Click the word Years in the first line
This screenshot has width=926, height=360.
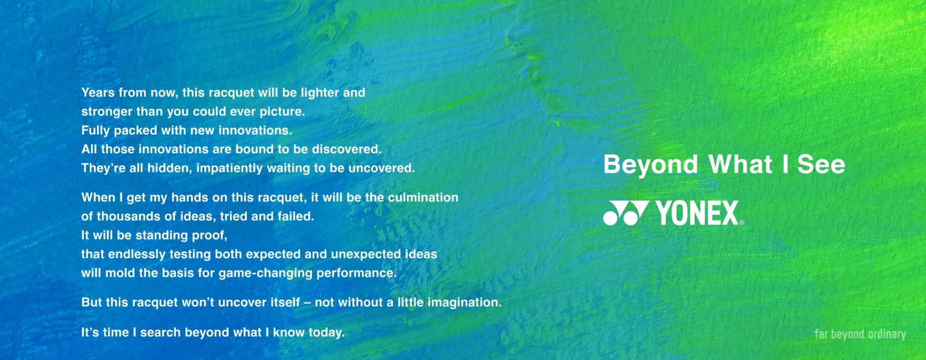click(98, 93)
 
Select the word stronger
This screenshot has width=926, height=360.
click(106, 112)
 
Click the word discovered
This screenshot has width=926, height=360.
click(347, 149)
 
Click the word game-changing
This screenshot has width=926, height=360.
click(266, 273)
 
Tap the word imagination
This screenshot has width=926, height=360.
click(464, 303)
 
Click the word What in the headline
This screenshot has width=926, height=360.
click(740, 164)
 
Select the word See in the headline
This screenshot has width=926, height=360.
click(821, 164)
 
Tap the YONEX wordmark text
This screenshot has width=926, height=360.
click(697, 213)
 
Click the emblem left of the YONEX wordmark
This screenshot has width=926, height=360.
click(626, 213)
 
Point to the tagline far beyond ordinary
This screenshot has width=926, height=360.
click(860, 334)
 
